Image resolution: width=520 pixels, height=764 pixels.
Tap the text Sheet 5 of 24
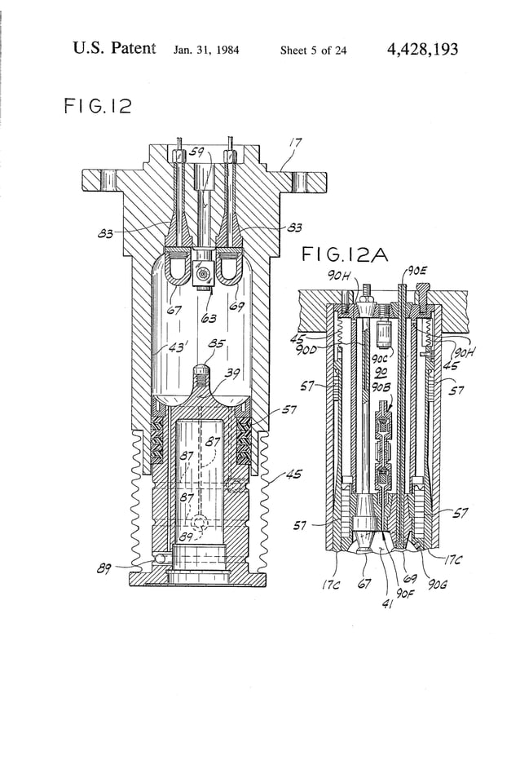click(x=313, y=51)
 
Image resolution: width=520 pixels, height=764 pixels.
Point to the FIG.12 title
click(x=97, y=107)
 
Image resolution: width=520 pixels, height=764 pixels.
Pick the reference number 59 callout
click(x=196, y=152)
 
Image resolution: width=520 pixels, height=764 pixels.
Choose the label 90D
click(x=309, y=350)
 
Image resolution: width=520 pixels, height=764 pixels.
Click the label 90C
click(x=379, y=357)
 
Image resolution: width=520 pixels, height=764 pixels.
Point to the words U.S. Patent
click(x=113, y=49)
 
